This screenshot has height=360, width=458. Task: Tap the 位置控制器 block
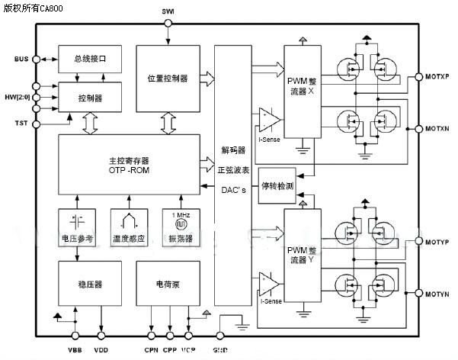click(x=168, y=79)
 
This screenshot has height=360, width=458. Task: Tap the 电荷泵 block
click(x=168, y=284)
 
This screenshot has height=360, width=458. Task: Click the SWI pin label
click(x=168, y=11)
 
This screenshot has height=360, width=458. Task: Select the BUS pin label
click(x=21, y=59)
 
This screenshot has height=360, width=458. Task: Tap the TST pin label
click(x=21, y=123)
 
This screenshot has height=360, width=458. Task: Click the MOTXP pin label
click(x=439, y=78)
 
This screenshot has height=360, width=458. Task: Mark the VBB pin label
click(x=75, y=349)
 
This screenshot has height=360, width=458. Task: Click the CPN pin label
click(x=150, y=349)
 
